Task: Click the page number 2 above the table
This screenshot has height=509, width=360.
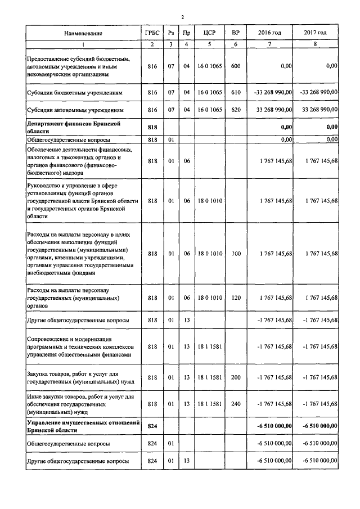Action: click(x=182, y=17)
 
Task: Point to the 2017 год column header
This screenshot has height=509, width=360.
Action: click(x=315, y=33)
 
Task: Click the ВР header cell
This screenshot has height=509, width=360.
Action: click(x=236, y=33)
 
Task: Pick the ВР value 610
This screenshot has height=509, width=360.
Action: click(x=236, y=92)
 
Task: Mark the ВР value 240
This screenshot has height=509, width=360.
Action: click(x=236, y=404)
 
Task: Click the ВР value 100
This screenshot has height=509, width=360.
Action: click(x=236, y=254)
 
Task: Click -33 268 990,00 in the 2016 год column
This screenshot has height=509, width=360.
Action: click(x=273, y=92)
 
